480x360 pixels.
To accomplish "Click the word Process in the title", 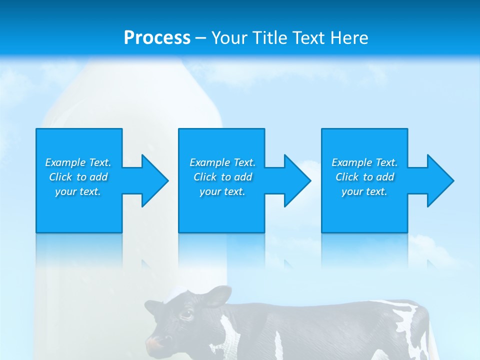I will tap(157, 38).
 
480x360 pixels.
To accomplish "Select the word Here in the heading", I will tap(349, 38).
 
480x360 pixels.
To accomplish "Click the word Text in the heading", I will tap(308, 38).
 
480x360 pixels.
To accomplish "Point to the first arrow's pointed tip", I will tap(167, 180).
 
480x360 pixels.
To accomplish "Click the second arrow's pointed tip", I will tap(310, 180).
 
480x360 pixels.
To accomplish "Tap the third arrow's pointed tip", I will tap(453, 180).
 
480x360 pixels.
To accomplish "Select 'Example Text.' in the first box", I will tap(78, 162).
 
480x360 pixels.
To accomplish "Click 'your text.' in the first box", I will tap(78, 191).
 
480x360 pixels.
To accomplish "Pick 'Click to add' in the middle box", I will tap(222, 177).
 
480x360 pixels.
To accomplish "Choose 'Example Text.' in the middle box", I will tap(222, 162).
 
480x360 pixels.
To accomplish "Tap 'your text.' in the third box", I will tap(364, 191).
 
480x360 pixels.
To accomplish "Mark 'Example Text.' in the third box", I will tap(364, 162).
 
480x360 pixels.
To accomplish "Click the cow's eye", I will tap(186, 314).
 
